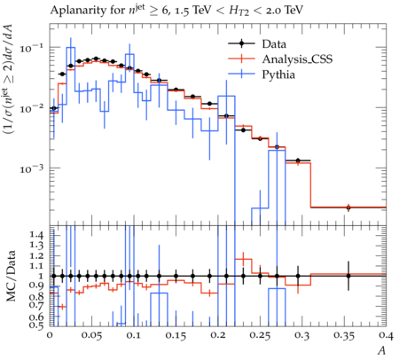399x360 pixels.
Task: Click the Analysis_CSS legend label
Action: (x=297, y=59)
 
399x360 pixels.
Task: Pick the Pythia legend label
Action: (x=278, y=74)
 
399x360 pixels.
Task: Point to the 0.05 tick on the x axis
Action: (x=91, y=335)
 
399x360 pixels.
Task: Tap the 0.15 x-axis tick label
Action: (x=176, y=335)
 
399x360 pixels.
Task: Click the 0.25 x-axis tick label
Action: (x=260, y=335)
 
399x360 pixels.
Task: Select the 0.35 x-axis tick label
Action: (x=344, y=335)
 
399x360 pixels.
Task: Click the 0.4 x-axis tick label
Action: (x=387, y=335)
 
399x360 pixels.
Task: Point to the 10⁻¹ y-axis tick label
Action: (x=33, y=48)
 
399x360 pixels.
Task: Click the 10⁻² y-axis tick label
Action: (x=33, y=108)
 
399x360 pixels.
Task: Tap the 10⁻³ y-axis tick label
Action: (x=33, y=168)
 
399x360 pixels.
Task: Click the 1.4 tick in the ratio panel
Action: (x=36, y=235)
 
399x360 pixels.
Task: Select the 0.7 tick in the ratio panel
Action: (x=36, y=305)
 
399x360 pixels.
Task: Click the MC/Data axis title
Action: (x=12, y=276)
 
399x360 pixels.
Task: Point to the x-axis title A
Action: (x=382, y=350)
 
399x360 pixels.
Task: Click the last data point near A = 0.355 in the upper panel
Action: (x=348, y=207)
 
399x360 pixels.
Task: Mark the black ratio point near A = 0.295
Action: (x=298, y=276)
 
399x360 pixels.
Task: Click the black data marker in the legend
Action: (x=241, y=43)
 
